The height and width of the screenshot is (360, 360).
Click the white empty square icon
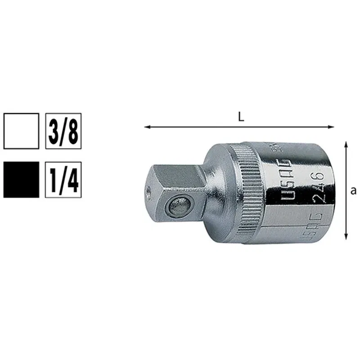click(x=21, y=130)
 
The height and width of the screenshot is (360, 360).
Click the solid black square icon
click(x=21, y=180)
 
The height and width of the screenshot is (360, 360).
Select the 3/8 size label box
click(x=63, y=130)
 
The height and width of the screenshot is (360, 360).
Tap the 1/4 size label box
click(x=63, y=180)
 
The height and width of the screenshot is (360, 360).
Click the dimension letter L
click(x=241, y=117)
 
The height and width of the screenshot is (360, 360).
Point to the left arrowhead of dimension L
click(x=147, y=127)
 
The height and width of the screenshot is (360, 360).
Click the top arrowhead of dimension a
click(x=346, y=144)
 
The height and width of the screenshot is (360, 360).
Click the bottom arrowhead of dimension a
click(x=346, y=237)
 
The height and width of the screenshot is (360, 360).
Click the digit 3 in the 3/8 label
click(x=54, y=130)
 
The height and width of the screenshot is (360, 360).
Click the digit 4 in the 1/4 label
click(x=73, y=180)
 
